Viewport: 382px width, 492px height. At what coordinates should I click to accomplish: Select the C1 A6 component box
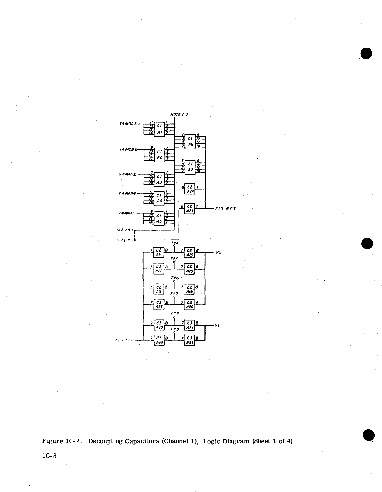[190, 142]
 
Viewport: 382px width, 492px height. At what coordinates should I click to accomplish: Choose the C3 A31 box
[189, 340]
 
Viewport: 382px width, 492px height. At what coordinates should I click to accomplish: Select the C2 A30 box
[189, 304]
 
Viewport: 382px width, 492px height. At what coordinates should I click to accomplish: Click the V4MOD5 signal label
[127, 213]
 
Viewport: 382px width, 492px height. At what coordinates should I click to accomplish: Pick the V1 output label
[217, 326]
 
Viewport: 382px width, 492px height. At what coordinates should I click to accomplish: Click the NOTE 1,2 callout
[180, 114]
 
